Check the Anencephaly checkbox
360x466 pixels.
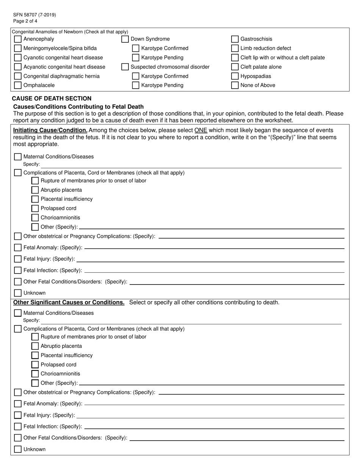[x=18, y=39]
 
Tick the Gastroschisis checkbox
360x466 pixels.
[x=235, y=39]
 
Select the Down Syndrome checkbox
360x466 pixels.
[x=125, y=39]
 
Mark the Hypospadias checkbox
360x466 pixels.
[x=235, y=76]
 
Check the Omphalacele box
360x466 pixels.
[x=18, y=85]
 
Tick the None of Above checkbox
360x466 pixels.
[x=235, y=85]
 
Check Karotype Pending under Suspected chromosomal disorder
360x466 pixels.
[x=136, y=85]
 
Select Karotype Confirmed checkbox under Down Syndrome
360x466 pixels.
[x=136, y=48]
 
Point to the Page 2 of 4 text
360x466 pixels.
[x=25, y=21]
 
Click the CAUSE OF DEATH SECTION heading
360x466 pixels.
[x=52, y=99]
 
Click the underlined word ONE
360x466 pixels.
[x=200, y=130]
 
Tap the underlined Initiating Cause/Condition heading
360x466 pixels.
[x=50, y=130]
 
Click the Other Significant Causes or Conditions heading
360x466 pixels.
[x=69, y=302]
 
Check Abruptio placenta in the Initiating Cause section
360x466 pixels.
[x=35, y=190]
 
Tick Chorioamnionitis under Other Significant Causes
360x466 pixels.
[x=35, y=374]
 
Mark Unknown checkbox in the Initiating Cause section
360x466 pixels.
[x=18, y=293]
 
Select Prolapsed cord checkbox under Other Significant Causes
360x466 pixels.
[x=35, y=364]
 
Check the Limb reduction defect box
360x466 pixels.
[x=235, y=48]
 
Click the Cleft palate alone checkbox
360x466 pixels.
[x=235, y=67]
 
